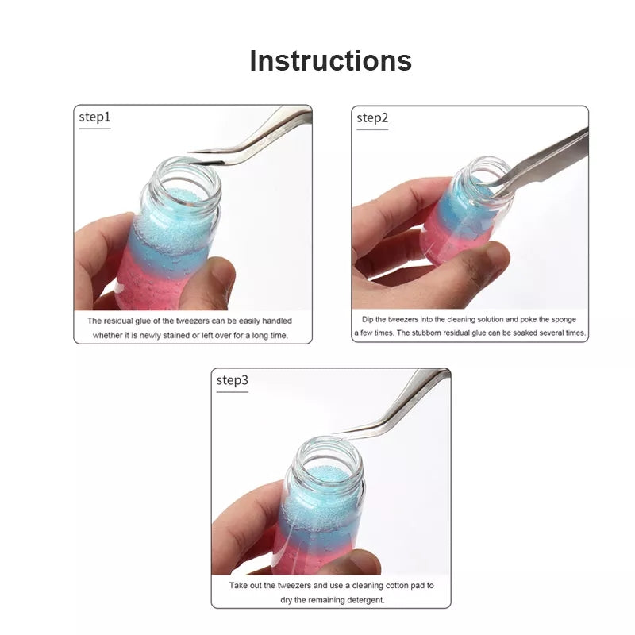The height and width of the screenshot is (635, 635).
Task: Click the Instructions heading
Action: coord(330,61)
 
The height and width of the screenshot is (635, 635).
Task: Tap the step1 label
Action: coord(94,118)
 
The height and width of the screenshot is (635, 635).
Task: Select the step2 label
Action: coord(372,118)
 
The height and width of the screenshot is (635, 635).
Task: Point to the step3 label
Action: coord(233,380)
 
